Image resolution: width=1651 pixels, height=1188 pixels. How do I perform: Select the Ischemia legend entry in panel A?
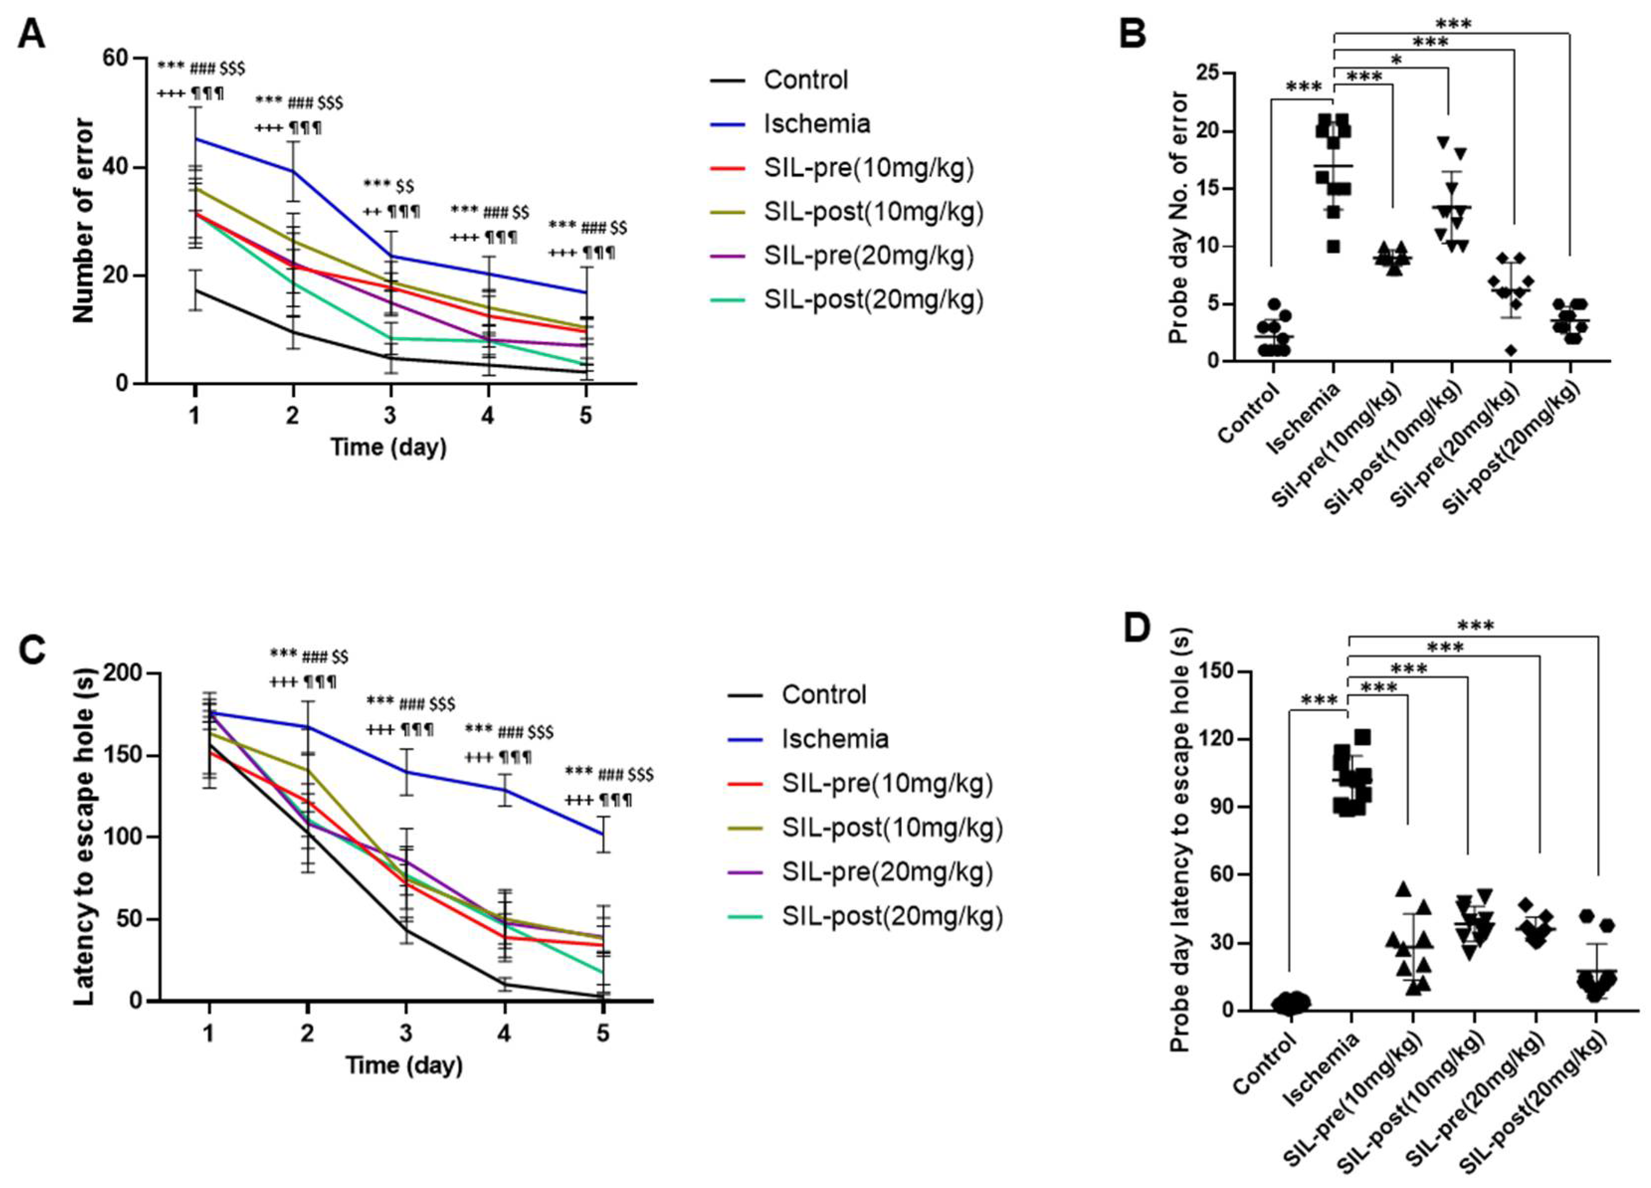pos(816,124)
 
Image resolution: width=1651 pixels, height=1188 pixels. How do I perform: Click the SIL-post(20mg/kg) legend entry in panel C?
pos(892,916)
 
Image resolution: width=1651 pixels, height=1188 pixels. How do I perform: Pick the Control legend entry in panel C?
pos(823,695)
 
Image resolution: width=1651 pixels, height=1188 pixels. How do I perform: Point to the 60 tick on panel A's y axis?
pos(114,58)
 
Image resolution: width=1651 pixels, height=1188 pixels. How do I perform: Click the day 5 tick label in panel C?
pos(603,1033)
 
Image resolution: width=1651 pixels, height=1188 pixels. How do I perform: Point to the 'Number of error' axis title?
pos(84,220)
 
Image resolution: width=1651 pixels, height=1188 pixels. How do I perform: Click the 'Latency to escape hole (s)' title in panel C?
pos(85,836)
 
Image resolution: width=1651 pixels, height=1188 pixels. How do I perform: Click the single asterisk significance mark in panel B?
pos(1395,60)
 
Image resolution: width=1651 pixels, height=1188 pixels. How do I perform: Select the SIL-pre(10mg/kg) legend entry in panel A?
pos(868,168)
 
